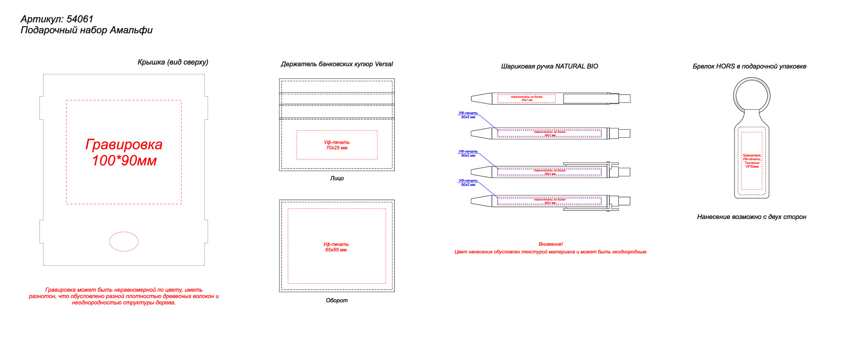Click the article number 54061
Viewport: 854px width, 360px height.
(80, 19)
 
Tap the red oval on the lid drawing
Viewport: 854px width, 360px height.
(124, 241)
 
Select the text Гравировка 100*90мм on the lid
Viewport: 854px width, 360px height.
(124, 152)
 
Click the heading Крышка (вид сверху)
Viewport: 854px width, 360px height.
(173, 62)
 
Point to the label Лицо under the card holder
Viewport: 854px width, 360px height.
(337, 178)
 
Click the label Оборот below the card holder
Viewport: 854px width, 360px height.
(337, 301)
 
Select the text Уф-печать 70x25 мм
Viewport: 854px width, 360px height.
(337, 145)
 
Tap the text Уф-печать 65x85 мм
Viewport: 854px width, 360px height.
(336, 247)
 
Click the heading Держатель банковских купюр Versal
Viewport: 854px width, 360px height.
(337, 64)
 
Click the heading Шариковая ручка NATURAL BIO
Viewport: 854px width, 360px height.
(549, 66)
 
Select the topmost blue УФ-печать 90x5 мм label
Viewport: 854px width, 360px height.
(468, 115)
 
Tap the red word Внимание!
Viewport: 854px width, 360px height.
(551, 244)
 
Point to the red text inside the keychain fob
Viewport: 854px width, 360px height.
(752, 161)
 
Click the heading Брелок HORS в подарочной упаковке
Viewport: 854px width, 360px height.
(749, 66)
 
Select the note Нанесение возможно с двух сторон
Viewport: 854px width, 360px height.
(752, 217)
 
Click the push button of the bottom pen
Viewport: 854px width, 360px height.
(624, 201)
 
